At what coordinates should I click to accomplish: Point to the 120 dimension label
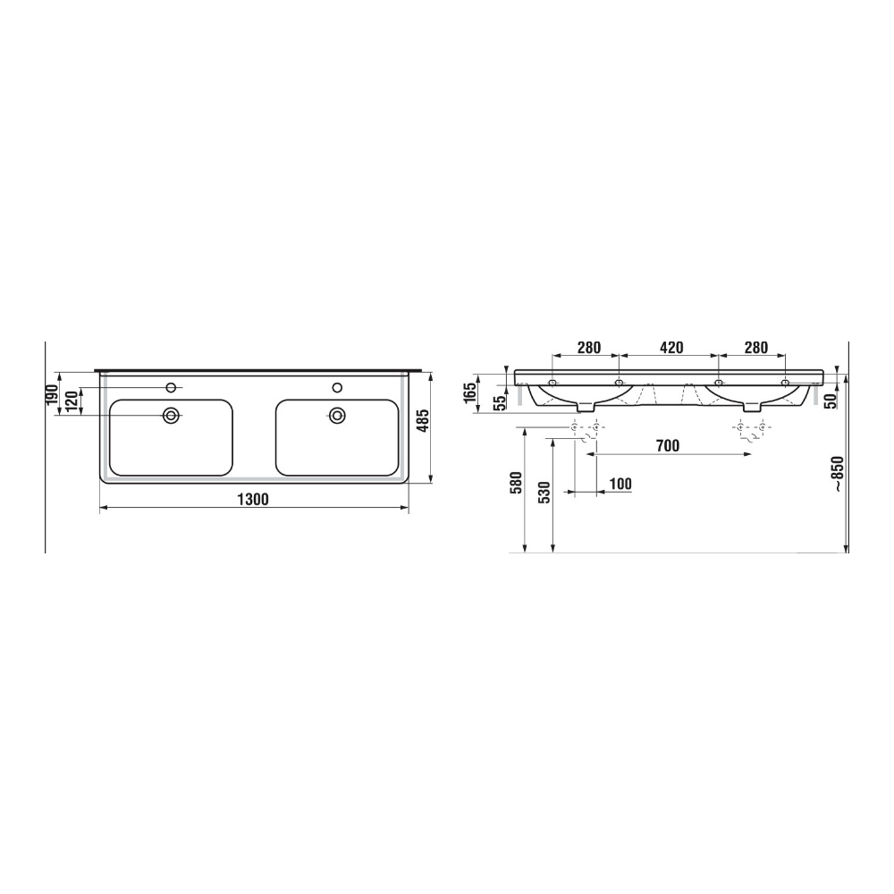(71, 401)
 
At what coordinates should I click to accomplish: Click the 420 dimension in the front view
(671, 348)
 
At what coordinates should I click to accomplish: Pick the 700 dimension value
(667, 445)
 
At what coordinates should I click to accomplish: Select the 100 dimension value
(620, 484)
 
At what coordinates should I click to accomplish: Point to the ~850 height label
(837, 474)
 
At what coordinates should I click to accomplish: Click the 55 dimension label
(502, 401)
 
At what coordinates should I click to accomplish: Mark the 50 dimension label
(831, 400)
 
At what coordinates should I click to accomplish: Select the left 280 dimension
(588, 348)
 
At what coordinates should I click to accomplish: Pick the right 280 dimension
(755, 348)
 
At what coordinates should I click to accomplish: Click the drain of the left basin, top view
(170, 416)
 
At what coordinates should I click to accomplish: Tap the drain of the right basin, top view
(337, 415)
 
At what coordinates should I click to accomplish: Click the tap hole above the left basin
(170, 387)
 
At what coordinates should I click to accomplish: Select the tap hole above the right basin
(337, 387)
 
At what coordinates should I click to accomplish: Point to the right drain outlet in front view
(751, 407)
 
